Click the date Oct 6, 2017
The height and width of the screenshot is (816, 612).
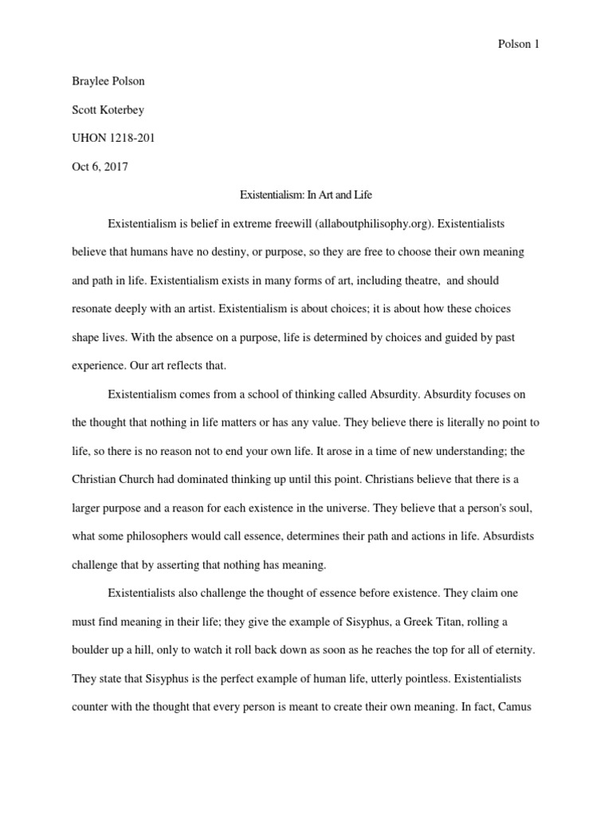point(100,167)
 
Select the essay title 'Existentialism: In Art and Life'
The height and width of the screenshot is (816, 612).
point(305,194)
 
